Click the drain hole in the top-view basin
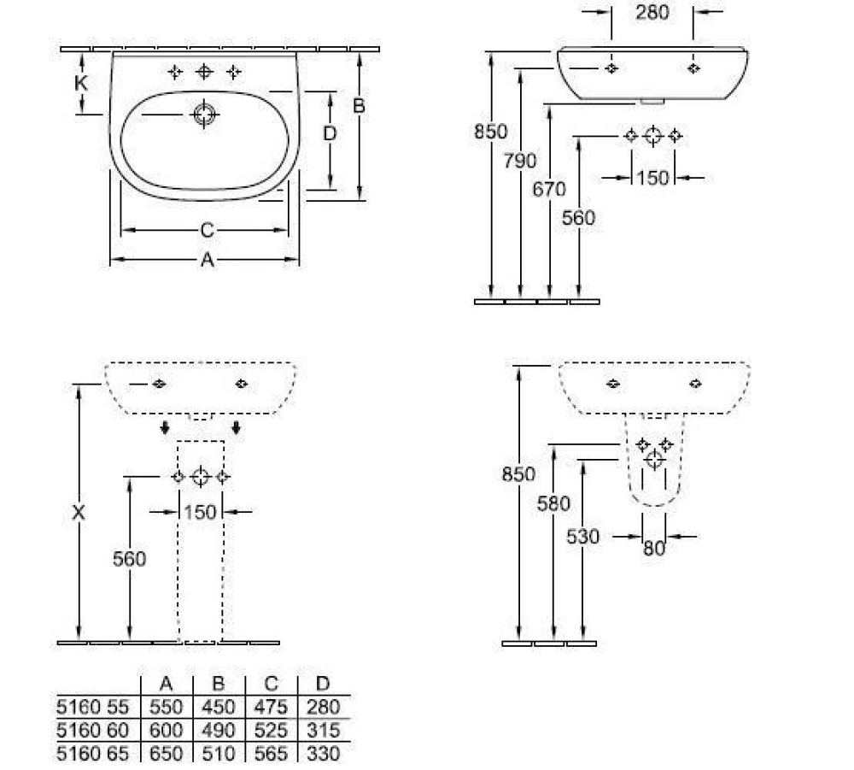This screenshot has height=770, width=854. tap(204, 115)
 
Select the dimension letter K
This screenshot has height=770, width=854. tap(81, 83)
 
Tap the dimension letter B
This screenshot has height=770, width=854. tap(359, 106)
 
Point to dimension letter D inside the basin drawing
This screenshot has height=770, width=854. tap(330, 133)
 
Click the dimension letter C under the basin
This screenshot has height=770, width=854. tap(207, 230)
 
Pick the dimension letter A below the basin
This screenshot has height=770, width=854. tap(207, 261)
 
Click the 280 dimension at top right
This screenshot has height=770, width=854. tap(652, 13)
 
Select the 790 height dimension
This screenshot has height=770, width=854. tap(520, 160)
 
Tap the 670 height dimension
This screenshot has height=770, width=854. tap(548, 189)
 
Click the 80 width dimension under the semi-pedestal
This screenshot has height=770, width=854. tap(653, 548)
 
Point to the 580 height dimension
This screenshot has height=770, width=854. tap(553, 503)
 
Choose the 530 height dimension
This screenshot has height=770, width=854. tap(582, 537)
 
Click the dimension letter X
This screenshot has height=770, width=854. tap(79, 513)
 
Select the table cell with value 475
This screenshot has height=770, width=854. tap(272, 708)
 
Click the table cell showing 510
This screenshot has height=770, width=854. tap(219, 754)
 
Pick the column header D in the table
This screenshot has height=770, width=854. tap(322, 684)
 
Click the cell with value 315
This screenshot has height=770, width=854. tap(322, 731)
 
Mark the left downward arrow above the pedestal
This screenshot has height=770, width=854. tap(166, 426)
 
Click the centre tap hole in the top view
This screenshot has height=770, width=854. tap(204, 72)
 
